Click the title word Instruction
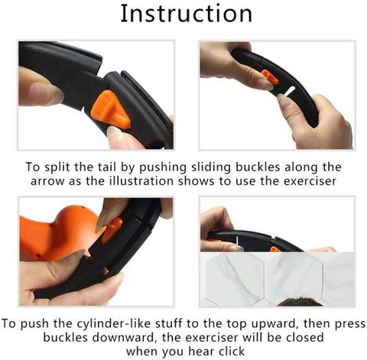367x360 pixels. [x=187, y=14]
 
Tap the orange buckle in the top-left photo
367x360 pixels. [x=110, y=109]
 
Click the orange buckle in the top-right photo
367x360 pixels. [x=269, y=77]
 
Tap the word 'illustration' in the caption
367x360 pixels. [x=141, y=181]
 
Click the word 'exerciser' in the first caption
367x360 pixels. [x=310, y=181]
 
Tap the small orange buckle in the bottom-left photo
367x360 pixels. [x=112, y=230]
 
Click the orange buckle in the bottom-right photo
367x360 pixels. [x=275, y=249]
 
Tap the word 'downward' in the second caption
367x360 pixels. [x=123, y=338]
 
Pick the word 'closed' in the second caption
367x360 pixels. [x=305, y=338]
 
